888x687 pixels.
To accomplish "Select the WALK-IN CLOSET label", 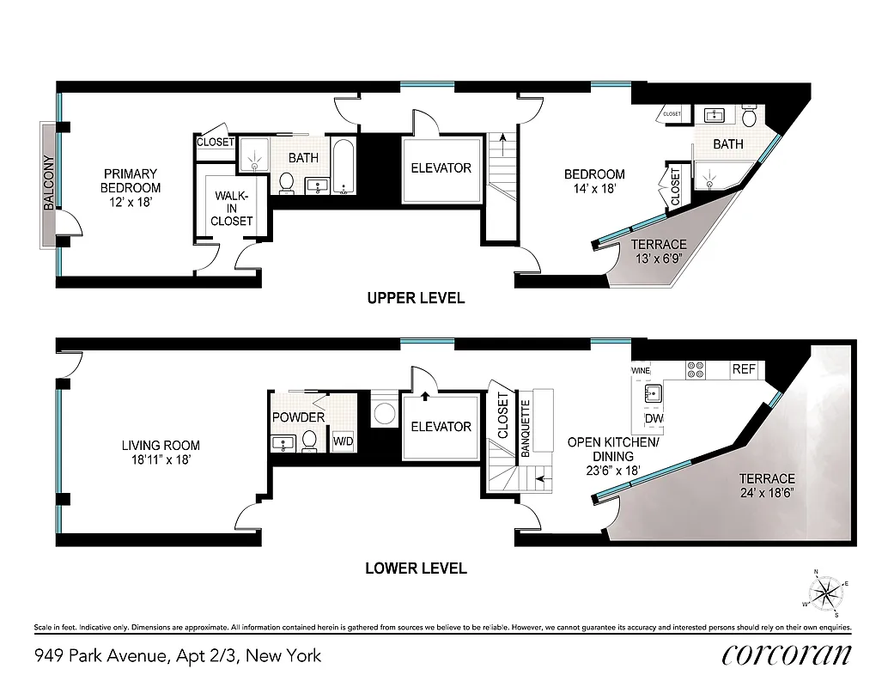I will click(x=234, y=209).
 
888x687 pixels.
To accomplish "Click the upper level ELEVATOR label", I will click(x=441, y=168).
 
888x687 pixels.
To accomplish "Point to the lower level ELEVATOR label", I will click(x=441, y=427).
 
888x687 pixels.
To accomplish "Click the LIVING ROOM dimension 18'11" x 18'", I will click(x=161, y=459).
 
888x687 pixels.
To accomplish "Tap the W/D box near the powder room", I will click(x=343, y=442).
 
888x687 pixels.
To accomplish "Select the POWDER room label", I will click(x=298, y=417).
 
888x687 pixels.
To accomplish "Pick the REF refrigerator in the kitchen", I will click(x=743, y=369).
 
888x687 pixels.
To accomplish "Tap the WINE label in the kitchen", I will click(x=642, y=370).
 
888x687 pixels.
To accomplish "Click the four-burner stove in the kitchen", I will click(x=696, y=369).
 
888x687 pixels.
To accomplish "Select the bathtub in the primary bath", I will click(x=344, y=167).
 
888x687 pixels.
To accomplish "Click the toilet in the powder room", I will click(x=312, y=441).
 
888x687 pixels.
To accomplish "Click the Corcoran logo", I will click(x=787, y=654).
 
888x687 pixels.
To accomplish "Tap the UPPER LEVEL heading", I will click(x=416, y=299).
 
